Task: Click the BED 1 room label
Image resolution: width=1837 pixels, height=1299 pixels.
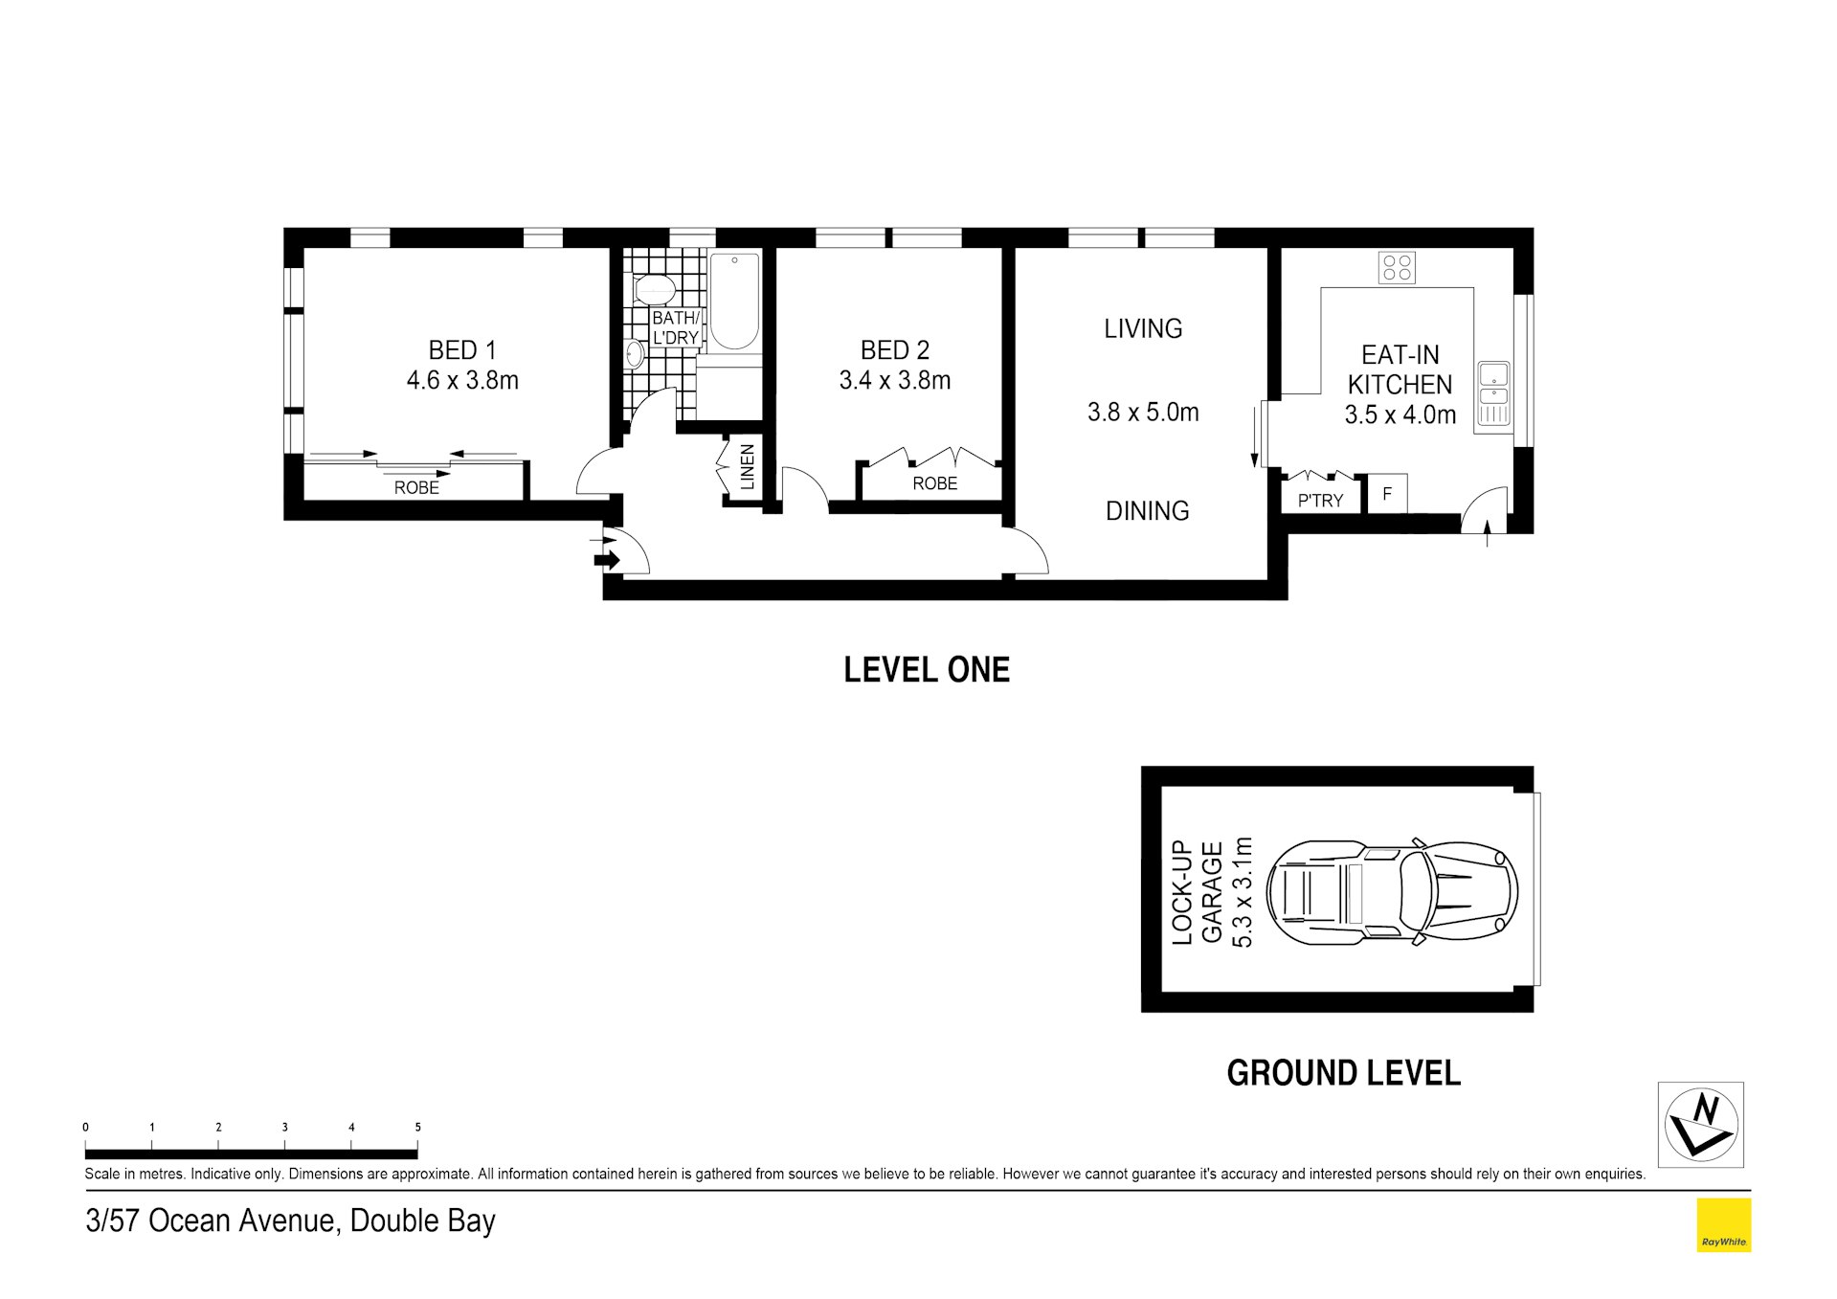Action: pos(462,349)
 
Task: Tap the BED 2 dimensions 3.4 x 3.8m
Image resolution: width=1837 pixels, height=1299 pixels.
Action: pos(895,380)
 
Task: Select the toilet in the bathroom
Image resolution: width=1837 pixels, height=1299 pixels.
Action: pos(655,288)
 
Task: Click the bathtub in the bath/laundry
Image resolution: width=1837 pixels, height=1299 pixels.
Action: pos(734,301)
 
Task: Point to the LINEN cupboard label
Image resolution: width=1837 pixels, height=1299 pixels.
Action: pos(748,467)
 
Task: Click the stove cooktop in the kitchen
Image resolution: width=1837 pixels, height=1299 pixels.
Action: pos(1397,267)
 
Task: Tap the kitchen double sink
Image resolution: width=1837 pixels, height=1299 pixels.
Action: pos(1492,392)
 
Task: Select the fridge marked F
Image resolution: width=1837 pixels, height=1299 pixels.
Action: pos(1387,494)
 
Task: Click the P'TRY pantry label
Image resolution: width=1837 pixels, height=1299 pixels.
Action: pos(1320,500)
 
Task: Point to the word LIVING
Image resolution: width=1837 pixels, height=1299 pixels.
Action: pos(1143,328)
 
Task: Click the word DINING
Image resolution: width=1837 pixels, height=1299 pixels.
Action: pos(1147,510)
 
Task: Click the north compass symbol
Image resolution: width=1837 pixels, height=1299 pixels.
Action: pos(1700,1124)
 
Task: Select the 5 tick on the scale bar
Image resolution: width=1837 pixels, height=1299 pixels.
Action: pos(417,1128)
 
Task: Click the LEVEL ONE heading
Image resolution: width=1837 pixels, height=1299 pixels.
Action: pos(927,669)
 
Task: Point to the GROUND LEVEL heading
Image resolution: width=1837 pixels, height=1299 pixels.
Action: pos(1343,1073)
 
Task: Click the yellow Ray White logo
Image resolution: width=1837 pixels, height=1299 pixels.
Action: pos(1723,1224)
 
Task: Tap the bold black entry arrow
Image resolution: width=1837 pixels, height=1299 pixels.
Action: pos(607,560)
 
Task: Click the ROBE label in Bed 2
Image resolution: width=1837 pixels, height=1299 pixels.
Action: pos(934,483)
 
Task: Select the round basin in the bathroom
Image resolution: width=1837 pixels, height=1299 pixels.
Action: pos(634,354)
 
